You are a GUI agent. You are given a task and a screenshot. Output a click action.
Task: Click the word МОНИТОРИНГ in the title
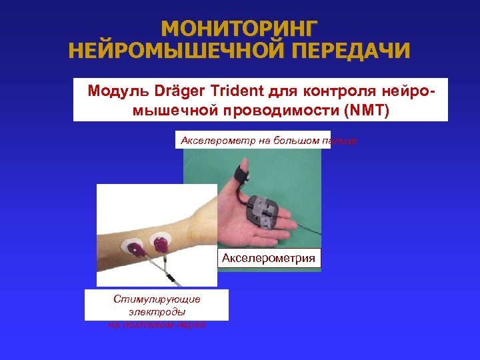pyautogui.click(x=240, y=28)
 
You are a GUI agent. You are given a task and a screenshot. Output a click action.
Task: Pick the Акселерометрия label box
pyautogui.click(x=269, y=258)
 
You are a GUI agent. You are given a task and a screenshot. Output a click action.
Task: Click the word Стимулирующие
pyautogui.click(x=157, y=299)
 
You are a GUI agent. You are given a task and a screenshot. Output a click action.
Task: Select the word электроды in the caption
pyautogui.click(x=157, y=311)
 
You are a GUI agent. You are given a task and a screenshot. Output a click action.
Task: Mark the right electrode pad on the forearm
pyautogui.click(x=161, y=241)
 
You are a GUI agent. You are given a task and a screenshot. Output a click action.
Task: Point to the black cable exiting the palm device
pyautogui.click(x=307, y=227)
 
